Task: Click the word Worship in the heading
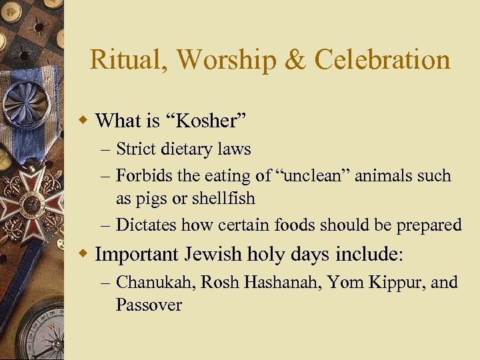(x=227, y=59)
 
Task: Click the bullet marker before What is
(x=83, y=121)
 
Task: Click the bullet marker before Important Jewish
(x=83, y=254)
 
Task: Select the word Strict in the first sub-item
(x=135, y=149)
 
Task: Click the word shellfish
(x=223, y=199)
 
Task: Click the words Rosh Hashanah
(x=263, y=283)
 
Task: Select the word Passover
(x=149, y=305)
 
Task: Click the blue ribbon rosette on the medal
(x=24, y=107)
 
